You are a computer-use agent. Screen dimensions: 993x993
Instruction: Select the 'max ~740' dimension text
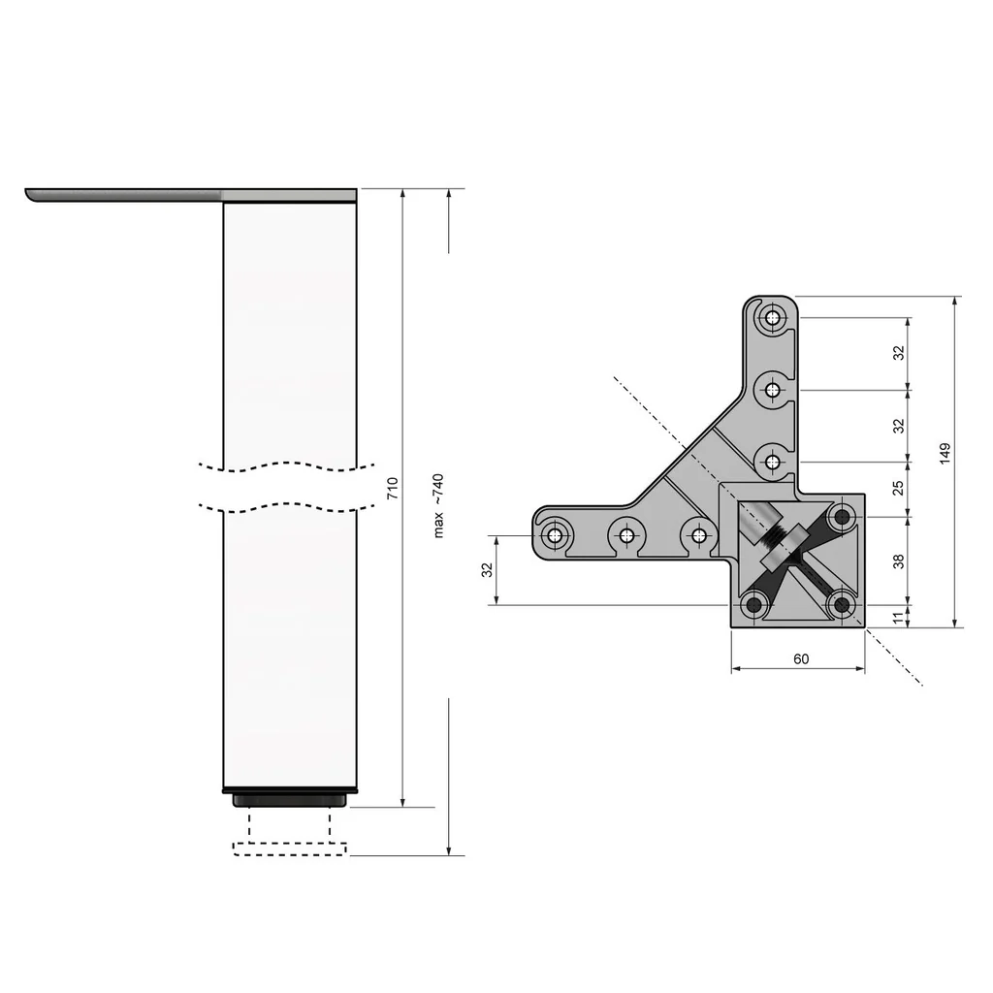[438, 505]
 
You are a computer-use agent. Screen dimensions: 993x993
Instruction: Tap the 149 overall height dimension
[945, 454]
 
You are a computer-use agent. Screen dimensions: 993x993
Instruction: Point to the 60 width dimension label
[801, 658]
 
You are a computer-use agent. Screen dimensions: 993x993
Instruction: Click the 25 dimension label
[898, 487]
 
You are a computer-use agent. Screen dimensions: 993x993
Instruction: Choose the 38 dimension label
[898, 561]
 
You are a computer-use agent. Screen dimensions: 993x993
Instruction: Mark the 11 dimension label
[898, 616]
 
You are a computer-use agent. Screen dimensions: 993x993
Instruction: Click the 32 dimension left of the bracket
[488, 571]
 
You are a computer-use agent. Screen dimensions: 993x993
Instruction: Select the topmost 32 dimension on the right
[898, 353]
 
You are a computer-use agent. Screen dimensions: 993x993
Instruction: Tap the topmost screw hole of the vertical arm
[773, 317]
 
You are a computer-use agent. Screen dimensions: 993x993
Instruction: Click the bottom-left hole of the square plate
[753, 605]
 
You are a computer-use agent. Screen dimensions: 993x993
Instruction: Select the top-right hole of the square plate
[842, 516]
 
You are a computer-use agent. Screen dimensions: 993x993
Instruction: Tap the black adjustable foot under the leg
[290, 799]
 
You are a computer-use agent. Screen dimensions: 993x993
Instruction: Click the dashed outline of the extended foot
[290, 849]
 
